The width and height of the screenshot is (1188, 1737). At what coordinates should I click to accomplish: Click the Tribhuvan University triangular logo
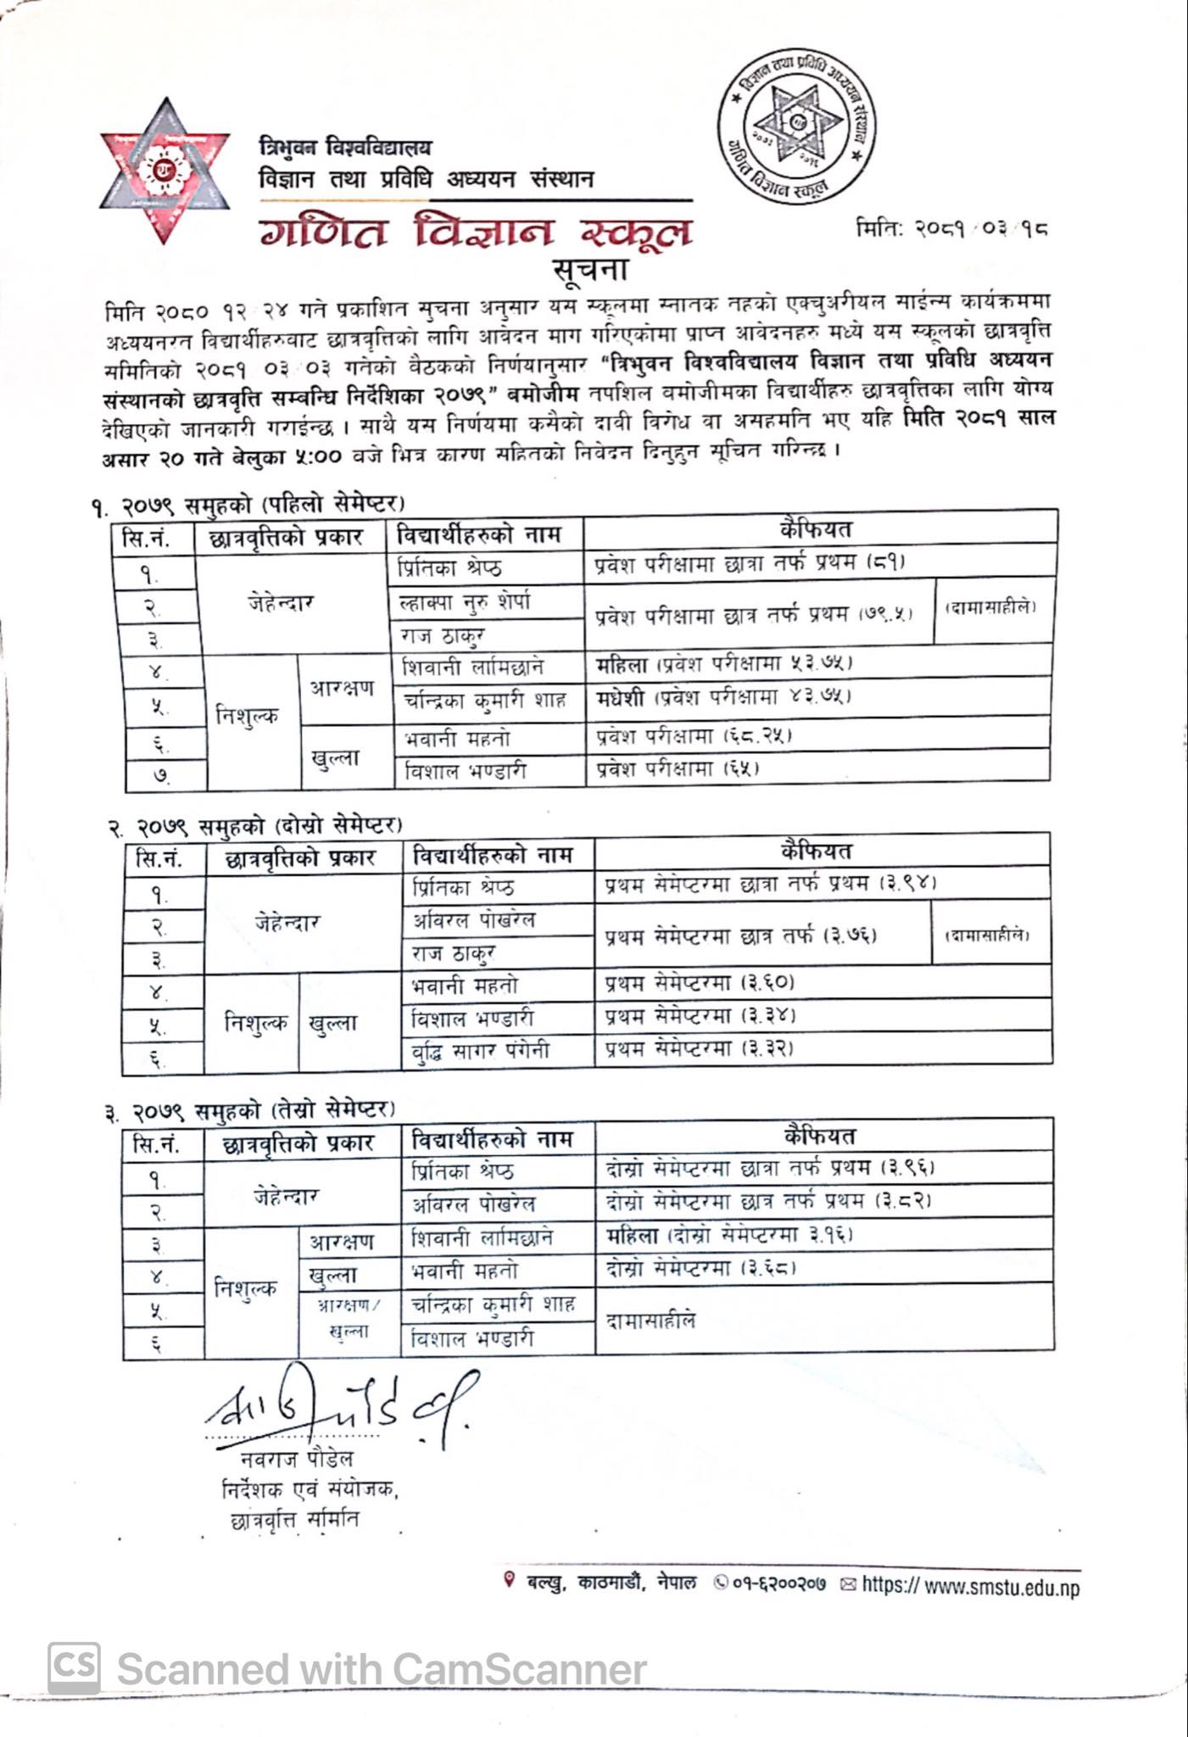[x=165, y=170]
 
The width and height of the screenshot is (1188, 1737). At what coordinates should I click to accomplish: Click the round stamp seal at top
[x=796, y=125]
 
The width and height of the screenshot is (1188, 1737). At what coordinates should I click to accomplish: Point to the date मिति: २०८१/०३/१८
[x=951, y=228]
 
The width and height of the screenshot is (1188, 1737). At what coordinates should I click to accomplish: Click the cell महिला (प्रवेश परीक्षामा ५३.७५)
[x=723, y=662]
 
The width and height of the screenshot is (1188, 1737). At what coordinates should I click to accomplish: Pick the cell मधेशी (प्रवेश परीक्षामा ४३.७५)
[x=723, y=697]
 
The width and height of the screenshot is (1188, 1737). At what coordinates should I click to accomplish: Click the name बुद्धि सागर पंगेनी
[x=480, y=1051]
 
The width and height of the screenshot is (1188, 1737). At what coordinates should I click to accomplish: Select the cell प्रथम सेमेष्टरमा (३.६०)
[x=700, y=984]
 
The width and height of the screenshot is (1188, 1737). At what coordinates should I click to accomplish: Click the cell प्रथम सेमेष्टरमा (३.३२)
[x=700, y=1049]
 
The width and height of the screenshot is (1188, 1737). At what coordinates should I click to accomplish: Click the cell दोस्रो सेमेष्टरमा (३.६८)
[x=700, y=1269]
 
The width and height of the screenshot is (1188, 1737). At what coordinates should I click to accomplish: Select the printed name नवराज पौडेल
[x=297, y=1459]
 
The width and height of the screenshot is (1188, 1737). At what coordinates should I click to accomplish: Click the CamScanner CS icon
[x=74, y=1667]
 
